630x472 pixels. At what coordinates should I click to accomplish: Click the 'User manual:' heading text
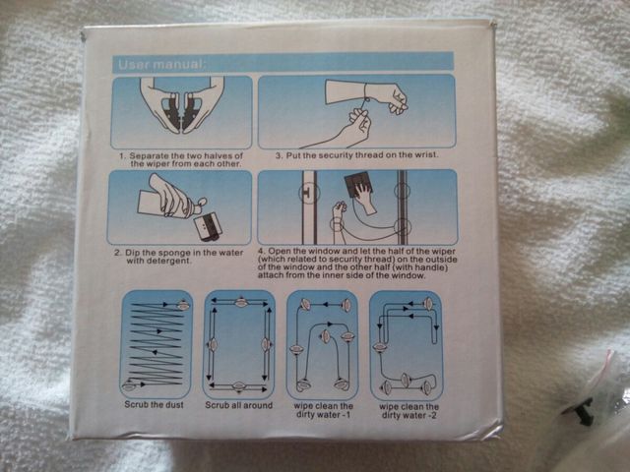(x=160, y=64)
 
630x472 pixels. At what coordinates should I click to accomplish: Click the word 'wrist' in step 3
(x=425, y=154)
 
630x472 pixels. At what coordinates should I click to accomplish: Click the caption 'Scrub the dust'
(x=154, y=404)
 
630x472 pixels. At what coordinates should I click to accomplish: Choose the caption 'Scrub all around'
(x=238, y=405)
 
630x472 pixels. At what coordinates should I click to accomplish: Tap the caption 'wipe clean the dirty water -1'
(x=324, y=410)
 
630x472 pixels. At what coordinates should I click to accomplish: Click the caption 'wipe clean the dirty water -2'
(x=409, y=411)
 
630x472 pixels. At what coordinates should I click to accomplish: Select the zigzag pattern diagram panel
(x=157, y=344)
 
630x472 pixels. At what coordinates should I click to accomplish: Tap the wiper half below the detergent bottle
(x=208, y=227)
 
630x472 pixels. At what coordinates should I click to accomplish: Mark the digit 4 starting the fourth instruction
(x=261, y=252)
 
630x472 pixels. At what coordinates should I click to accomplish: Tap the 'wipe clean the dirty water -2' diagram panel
(x=406, y=344)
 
